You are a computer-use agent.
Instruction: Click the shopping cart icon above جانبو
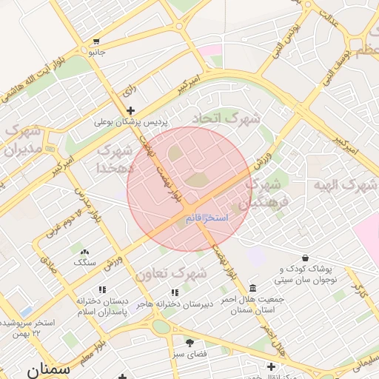(97, 41)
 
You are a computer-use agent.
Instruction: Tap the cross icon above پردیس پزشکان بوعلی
(130, 110)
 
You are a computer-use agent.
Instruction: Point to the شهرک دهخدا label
(115, 158)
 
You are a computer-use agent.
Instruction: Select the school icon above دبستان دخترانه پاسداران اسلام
(102, 289)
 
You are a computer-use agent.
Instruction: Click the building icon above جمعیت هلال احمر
(252, 287)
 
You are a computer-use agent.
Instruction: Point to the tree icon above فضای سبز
(189, 343)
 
